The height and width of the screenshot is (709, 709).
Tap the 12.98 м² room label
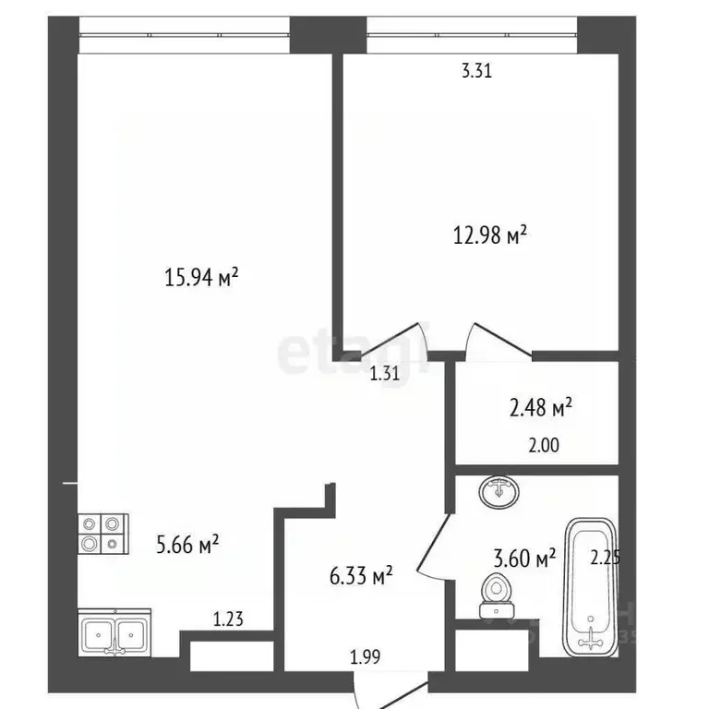click(489, 235)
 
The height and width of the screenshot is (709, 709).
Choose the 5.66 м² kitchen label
click(187, 545)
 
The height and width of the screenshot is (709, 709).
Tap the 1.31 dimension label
click(384, 373)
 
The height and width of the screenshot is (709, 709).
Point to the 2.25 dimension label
click(606, 557)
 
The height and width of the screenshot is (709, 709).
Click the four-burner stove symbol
click(102, 532)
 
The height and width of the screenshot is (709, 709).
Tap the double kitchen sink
click(114, 634)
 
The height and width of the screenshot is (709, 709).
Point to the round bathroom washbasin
click(499, 491)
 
